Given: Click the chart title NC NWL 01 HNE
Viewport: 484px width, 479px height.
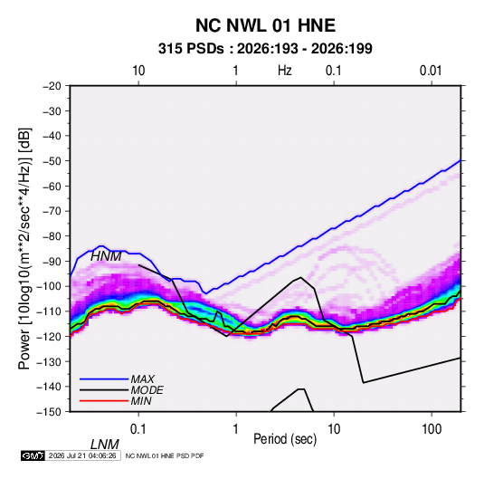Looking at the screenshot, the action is pyautogui.click(x=265, y=25).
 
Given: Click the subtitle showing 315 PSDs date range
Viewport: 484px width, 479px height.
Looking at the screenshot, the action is pyautogui.click(x=265, y=49).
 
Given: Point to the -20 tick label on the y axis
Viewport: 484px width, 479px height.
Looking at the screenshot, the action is pyautogui.click(x=52, y=86).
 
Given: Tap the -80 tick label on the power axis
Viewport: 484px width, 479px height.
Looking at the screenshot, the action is pyautogui.click(x=52, y=236).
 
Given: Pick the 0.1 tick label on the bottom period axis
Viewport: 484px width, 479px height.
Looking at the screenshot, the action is pyautogui.click(x=138, y=429).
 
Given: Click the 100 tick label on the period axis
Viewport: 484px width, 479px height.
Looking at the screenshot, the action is pyautogui.click(x=432, y=429).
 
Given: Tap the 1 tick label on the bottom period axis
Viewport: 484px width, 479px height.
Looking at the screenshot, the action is pyautogui.click(x=235, y=429).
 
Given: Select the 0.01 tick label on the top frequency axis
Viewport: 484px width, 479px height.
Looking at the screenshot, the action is pyautogui.click(x=431, y=71).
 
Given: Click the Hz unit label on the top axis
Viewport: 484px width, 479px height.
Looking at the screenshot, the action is pyautogui.click(x=285, y=71).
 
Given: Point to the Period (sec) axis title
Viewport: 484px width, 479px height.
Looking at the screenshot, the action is pyautogui.click(x=285, y=439).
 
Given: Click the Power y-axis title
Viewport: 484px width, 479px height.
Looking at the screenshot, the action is pyautogui.click(x=24, y=248).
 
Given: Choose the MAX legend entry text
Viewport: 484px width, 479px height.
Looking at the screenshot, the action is pyautogui.click(x=142, y=379).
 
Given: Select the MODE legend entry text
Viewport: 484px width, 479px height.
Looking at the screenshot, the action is pyautogui.click(x=147, y=390).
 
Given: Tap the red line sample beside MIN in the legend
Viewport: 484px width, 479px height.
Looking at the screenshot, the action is pyautogui.click(x=104, y=401).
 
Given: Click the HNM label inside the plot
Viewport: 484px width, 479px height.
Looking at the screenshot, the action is pyautogui.click(x=106, y=256).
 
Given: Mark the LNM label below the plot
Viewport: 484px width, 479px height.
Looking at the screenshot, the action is pyautogui.click(x=105, y=445).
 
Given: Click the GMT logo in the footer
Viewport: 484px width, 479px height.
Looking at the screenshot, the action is pyautogui.click(x=33, y=455).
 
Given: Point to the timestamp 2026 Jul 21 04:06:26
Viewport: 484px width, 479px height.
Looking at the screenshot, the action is pyautogui.click(x=82, y=455).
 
